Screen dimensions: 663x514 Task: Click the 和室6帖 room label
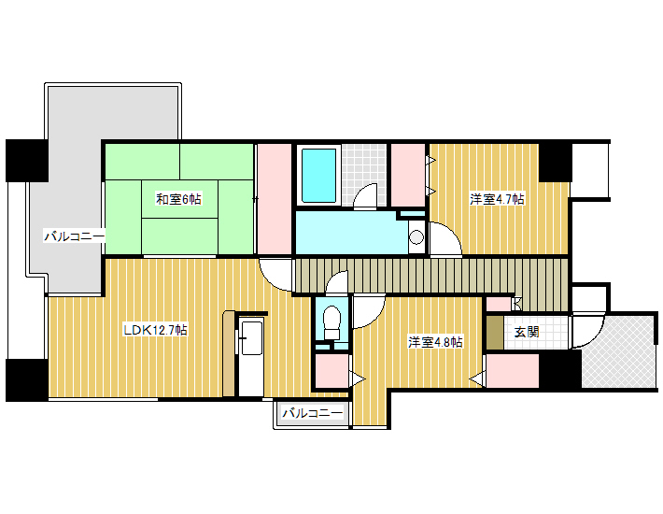click(x=178, y=198)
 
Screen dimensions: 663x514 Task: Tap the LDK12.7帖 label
click(x=155, y=330)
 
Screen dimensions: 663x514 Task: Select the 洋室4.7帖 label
click(x=497, y=199)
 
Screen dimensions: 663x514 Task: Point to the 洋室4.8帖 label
click(x=435, y=342)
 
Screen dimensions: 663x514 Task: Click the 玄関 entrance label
click(x=527, y=332)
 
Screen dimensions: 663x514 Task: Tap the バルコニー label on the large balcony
click(x=75, y=236)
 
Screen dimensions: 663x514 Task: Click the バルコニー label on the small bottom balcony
click(x=313, y=413)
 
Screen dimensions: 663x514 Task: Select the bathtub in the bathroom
click(x=318, y=175)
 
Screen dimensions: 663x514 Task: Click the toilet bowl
click(x=331, y=321)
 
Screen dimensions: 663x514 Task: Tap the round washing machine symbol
click(x=416, y=236)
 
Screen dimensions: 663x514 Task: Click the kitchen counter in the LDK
click(x=251, y=356)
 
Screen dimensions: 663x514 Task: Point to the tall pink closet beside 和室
click(x=275, y=199)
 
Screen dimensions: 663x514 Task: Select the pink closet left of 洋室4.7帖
click(x=408, y=175)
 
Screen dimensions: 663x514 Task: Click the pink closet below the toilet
click(x=331, y=371)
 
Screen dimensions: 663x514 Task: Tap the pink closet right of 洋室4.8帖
click(x=513, y=371)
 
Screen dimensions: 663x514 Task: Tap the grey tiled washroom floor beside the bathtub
click(x=364, y=175)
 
